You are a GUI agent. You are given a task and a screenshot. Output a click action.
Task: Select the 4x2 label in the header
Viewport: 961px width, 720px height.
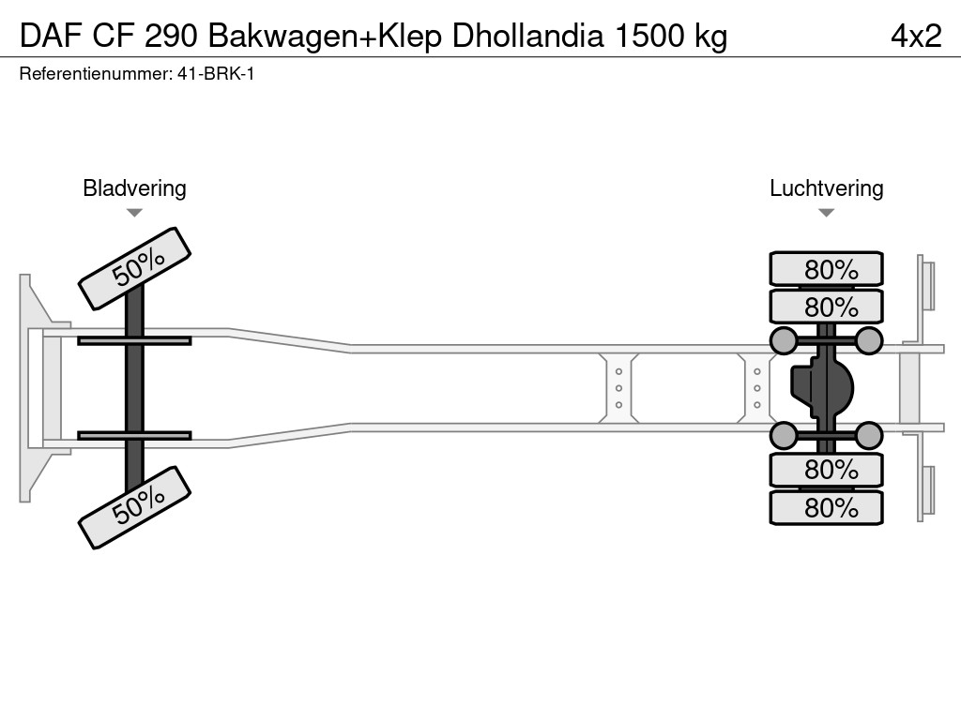pos(916,36)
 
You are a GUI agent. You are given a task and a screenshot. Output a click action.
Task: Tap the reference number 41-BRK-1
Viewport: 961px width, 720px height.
pos(216,73)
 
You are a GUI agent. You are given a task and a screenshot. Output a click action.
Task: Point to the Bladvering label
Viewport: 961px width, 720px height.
pos(134,188)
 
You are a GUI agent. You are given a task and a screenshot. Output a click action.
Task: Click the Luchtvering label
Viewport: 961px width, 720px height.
pos(826,188)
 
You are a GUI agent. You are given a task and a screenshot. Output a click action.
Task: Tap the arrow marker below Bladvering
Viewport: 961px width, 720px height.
pos(134,213)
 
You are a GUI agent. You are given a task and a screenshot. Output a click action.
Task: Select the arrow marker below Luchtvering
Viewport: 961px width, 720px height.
pos(826,213)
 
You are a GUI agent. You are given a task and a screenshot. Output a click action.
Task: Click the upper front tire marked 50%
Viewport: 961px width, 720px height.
pos(134,268)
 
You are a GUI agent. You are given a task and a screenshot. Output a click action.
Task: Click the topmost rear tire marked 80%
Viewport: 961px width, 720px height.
pos(826,269)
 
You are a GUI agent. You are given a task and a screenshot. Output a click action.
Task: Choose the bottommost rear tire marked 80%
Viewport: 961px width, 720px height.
pos(826,508)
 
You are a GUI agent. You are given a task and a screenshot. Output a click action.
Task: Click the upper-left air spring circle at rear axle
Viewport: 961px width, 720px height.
pos(783,340)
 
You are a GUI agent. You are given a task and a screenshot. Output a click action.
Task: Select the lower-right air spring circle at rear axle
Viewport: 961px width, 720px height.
pos(869,435)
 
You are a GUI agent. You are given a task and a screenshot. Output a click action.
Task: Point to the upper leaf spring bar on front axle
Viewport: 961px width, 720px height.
pos(134,340)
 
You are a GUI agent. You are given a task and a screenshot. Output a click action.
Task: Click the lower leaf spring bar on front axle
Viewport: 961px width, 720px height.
pos(134,435)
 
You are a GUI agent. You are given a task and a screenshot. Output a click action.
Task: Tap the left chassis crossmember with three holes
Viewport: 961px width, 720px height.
pos(618,388)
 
